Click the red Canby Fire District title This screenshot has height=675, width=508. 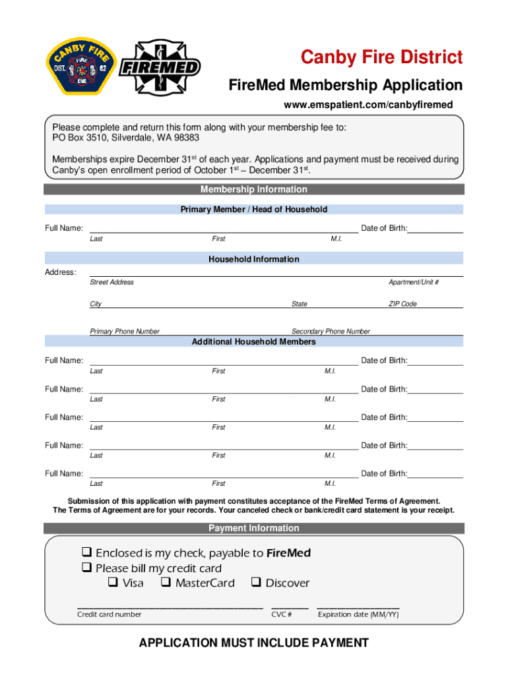[x=381, y=58]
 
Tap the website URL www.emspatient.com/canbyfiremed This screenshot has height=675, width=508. [x=368, y=105]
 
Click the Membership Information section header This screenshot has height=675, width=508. [x=254, y=190]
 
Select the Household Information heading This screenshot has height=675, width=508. [x=254, y=259]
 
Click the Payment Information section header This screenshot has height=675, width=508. [x=254, y=528]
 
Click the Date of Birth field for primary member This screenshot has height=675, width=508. [x=435, y=228]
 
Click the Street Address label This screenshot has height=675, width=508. [x=111, y=282]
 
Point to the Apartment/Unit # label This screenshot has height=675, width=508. [x=414, y=282]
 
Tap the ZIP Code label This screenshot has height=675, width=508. [x=402, y=304]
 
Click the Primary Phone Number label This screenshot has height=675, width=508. [x=125, y=332]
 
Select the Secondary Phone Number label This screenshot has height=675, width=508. [x=331, y=332]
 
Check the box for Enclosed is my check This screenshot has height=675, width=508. [x=86, y=552]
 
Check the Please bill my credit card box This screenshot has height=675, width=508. [x=86, y=568]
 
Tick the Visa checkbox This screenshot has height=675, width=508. [x=113, y=583]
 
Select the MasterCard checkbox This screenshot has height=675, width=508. [x=166, y=583]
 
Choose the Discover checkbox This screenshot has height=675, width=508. [x=256, y=583]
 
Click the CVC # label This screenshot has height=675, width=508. [x=282, y=614]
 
